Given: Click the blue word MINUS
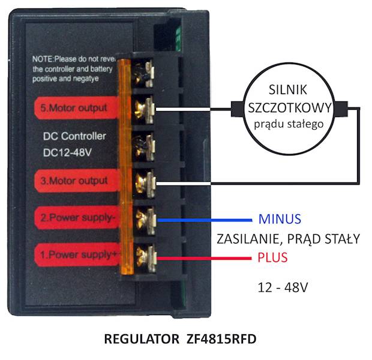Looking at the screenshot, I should coord(280,218).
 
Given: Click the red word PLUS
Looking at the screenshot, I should coord(273,258).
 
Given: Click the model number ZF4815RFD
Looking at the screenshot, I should coord(218,340).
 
